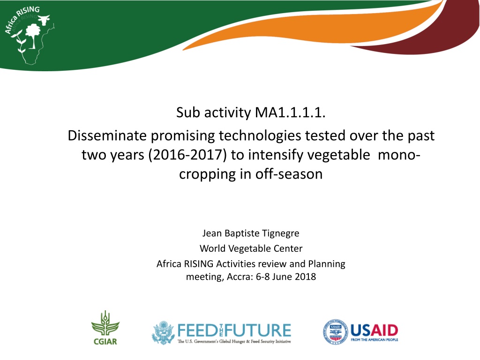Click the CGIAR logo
tap(105, 328)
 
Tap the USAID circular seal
tap(335, 332)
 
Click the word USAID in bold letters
tap(374, 330)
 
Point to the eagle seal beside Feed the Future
tap(164, 332)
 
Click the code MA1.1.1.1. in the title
tap(290, 112)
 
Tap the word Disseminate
tap(107, 135)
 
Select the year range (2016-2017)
tap(187, 155)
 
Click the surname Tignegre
tap(281, 233)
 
